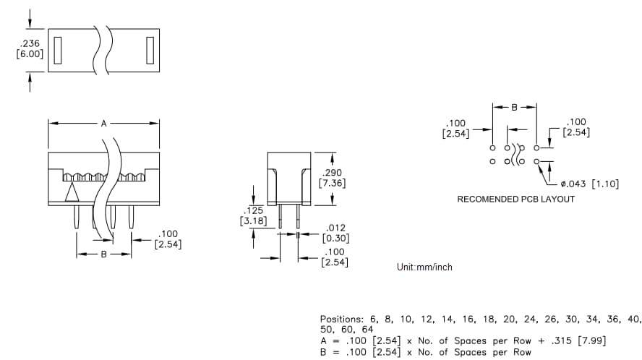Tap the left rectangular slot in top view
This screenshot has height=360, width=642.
point(58,49)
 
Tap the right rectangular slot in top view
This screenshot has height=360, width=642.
point(150,49)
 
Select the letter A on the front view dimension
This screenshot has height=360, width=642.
point(103,124)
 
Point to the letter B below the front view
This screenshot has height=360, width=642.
point(103,254)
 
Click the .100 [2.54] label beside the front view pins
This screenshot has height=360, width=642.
point(168,239)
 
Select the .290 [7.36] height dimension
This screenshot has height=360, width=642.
point(333,178)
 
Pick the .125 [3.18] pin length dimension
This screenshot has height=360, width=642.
point(253,215)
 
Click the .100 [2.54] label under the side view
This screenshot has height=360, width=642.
point(334,257)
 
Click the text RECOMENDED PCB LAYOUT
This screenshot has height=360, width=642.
point(516,199)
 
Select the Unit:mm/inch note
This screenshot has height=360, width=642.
point(424,267)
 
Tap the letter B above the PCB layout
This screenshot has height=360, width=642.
point(514,107)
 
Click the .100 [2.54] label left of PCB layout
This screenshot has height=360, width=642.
point(456,128)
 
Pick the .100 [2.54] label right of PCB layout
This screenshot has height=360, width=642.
point(577,127)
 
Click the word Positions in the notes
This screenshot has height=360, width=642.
point(342,319)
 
